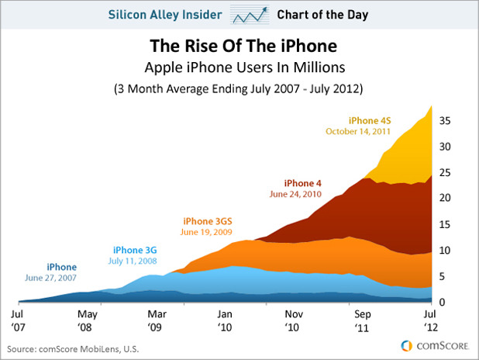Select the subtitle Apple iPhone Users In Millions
[239, 67]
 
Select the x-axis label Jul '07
[19, 320]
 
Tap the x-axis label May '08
[88, 320]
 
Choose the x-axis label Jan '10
[224, 320]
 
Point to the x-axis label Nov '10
[293, 320]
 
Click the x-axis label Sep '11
[362, 320]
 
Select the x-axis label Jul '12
[429, 320]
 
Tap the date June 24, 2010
[295, 194]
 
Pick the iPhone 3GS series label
[206, 221]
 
